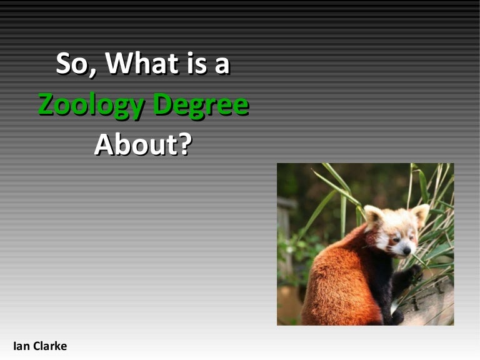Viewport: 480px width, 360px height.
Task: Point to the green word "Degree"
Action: tap(201, 105)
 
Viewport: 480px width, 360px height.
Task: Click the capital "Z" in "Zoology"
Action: tap(46, 105)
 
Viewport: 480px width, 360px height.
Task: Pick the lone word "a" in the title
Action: tap(222, 66)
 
